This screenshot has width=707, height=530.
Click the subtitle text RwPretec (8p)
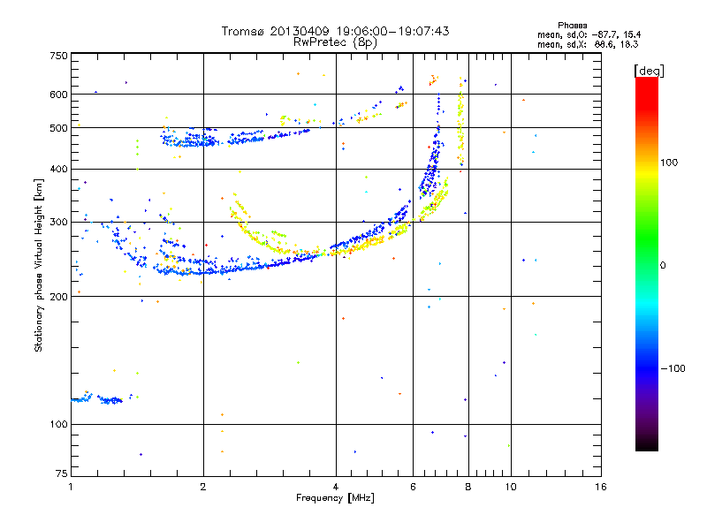[336, 42]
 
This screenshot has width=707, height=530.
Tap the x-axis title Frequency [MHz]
[335, 499]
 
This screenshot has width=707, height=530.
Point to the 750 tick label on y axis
[58, 56]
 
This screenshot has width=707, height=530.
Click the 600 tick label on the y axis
[58, 95]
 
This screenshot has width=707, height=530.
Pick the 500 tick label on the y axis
[58, 128]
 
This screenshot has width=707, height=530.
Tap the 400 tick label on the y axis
[58, 170]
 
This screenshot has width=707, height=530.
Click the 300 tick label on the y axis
[58, 223]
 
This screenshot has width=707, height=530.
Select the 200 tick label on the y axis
[58, 297]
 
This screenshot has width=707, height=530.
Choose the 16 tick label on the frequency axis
[601, 488]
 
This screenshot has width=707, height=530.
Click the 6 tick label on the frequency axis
[414, 488]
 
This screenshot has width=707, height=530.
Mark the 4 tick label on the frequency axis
[336, 488]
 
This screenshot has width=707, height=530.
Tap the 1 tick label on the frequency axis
[71, 488]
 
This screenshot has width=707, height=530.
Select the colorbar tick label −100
[673, 368]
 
